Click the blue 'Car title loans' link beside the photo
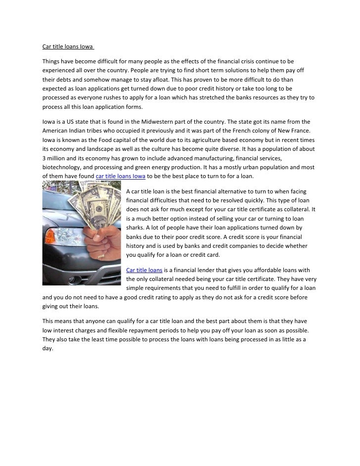pos(144,270)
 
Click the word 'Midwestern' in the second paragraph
pos(182,122)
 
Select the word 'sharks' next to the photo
pos(136,227)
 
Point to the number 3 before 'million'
pos(44,158)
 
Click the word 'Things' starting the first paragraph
pos(51,61)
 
